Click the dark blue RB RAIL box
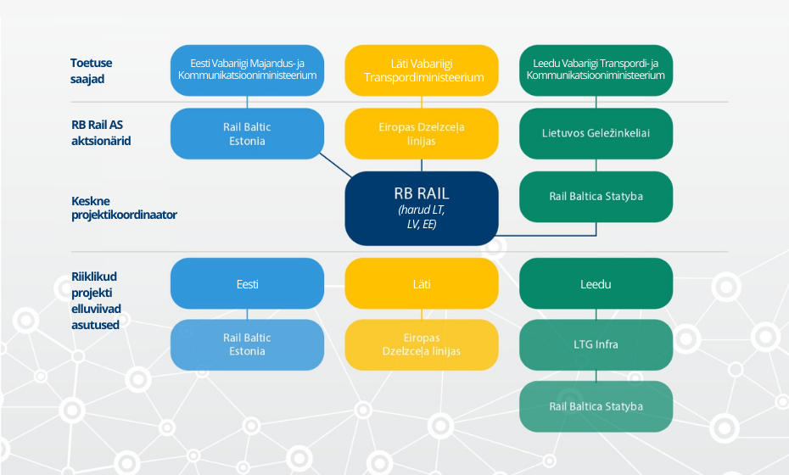[422, 209]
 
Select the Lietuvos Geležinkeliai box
[596, 133]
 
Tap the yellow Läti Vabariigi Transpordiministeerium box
[422, 70]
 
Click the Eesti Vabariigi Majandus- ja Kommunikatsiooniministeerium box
[247, 70]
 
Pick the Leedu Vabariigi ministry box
[596, 70]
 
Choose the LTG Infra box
[596, 344]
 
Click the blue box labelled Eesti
[247, 284]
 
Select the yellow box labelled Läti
[422, 284]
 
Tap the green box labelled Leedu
[596, 284]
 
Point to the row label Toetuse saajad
[91, 71]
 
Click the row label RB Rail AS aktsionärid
[101, 133]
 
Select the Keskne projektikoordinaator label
[124, 208]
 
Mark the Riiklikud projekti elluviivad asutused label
[96, 300]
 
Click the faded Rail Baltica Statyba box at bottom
[596, 406]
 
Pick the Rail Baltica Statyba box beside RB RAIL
[596, 197]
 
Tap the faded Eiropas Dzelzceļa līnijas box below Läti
[422, 344]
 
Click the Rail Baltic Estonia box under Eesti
[247, 344]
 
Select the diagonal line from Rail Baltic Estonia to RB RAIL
[336, 165]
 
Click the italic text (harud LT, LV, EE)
[422, 217]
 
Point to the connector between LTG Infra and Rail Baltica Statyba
[596, 376]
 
